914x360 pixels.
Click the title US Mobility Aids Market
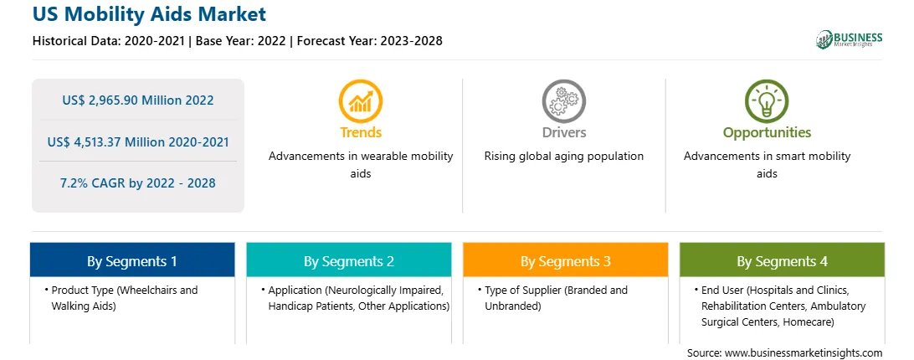point(149,14)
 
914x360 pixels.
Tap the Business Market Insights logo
point(849,39)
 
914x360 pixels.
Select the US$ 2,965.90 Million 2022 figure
point(138,100)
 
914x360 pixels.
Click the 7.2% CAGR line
point(138,183)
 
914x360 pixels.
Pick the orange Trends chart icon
point(360,101)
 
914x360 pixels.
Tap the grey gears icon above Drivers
point(563,101)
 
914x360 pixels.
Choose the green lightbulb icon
point(767,101)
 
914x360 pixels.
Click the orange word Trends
point(361,132)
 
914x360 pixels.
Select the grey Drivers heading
point(563,132)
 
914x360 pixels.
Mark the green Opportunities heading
point(767,132)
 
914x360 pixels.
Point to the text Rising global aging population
point(563,157)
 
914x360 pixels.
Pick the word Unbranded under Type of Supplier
point(513,306)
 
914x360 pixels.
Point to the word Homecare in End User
point(810,321)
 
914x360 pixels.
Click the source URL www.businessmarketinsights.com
point(803,353)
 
